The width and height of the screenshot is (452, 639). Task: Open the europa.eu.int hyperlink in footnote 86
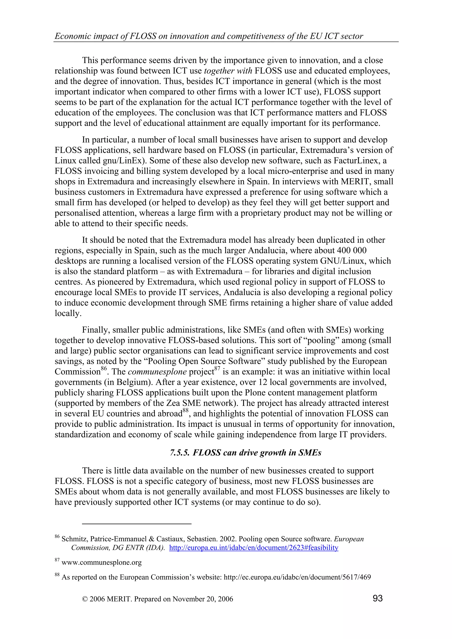(253, 548)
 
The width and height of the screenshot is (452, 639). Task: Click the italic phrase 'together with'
(228, 71)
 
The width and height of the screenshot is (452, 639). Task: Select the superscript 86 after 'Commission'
(104, 368)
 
